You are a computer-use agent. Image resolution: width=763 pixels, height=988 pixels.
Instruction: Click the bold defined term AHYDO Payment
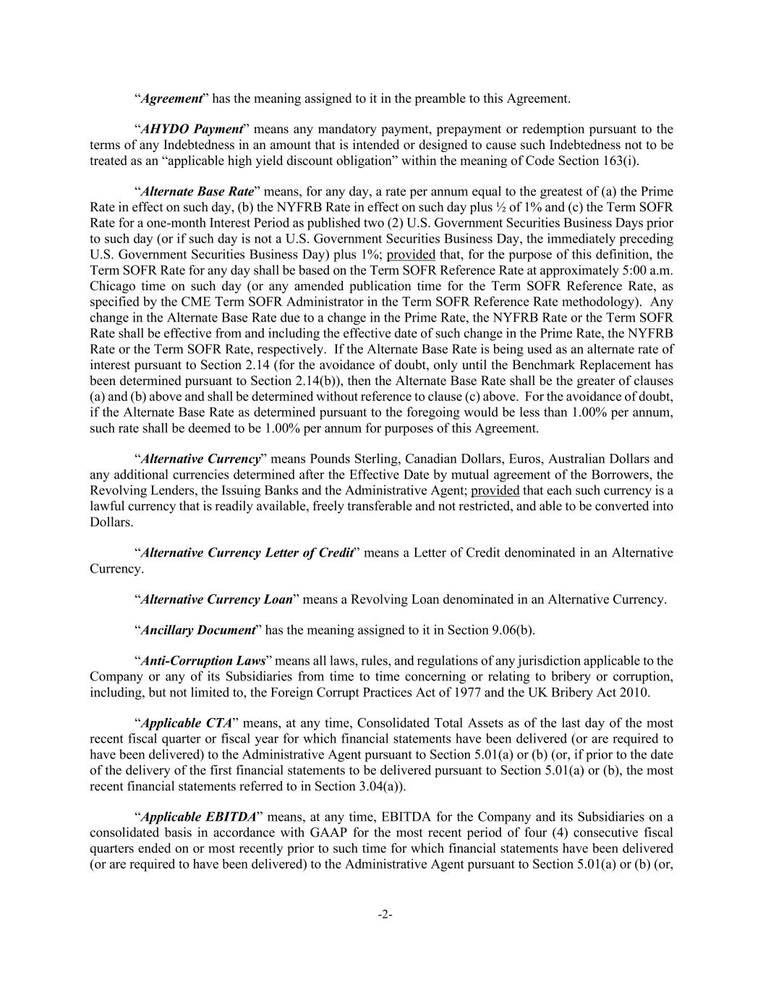pos(192,129)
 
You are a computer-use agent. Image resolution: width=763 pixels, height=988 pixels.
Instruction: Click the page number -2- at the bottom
pos(385,914)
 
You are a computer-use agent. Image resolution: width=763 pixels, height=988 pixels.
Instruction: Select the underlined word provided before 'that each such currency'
pos(495,490)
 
